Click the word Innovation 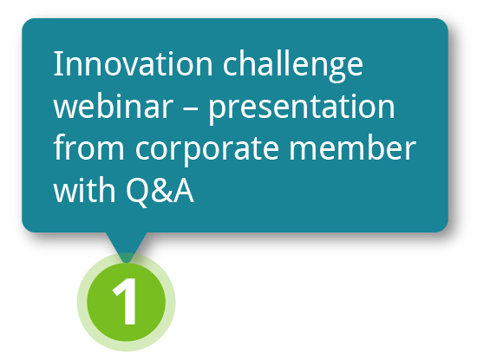(133, 63)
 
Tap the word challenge (293, 67)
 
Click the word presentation (302, 108)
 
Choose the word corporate (207, 150)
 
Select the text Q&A (160, 191)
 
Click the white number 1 (125, 301)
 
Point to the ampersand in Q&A (163, 190)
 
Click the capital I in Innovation (57, 63)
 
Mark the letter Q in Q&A (137, 192)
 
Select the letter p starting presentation (218, 111)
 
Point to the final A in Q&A (184, 190)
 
